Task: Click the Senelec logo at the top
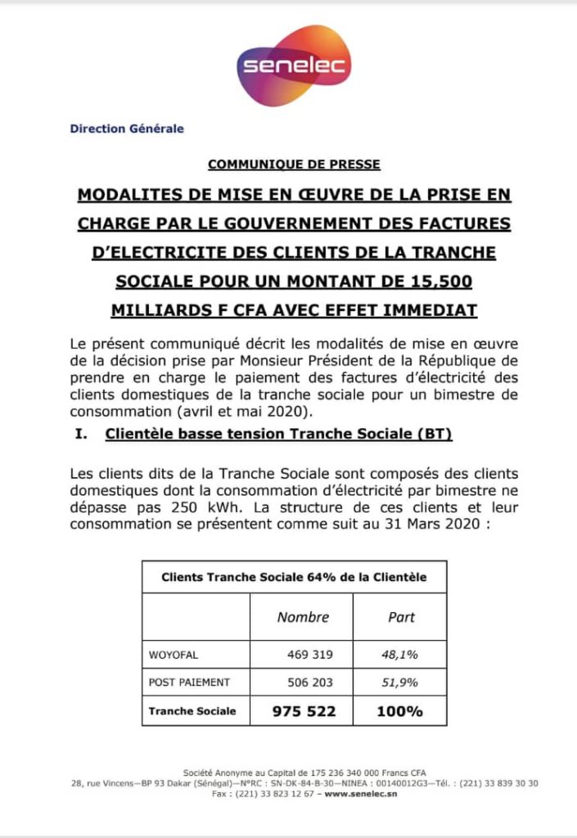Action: click(293, 65)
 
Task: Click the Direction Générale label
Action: click(127, 128)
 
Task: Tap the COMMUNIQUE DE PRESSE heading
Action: click(294, 164)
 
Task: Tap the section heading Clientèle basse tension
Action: click(279, 435)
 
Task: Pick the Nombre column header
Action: click(303, 617)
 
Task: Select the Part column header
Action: click(401, 617)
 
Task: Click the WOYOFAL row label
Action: click(174, 655)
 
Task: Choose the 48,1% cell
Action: click(400, 655)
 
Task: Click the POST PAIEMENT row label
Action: click(189, 683)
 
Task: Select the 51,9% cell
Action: click(400, 683)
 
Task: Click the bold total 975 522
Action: click(304, 711)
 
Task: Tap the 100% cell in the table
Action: click(399, 711)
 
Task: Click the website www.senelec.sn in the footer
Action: click(361, 794)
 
